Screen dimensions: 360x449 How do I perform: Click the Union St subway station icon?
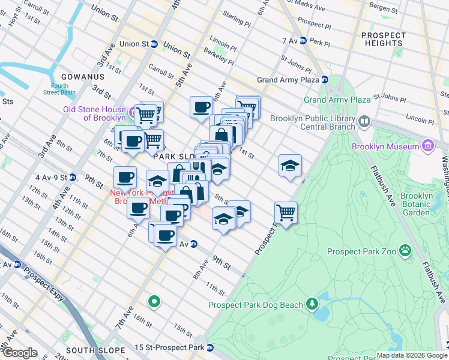(x=154, y=44)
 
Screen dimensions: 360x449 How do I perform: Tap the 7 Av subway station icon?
(x=303, y=41)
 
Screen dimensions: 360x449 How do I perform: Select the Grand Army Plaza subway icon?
(x=324, y=79)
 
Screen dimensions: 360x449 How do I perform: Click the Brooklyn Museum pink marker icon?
(x=427, y=145)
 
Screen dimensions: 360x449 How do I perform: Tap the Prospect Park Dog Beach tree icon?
(x=312, y=304)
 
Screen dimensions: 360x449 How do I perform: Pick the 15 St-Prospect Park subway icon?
(x=210, y=348)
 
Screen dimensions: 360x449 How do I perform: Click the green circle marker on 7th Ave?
(x=154, y=301)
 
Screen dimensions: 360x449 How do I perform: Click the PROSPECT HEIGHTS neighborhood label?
(x=383, y=40)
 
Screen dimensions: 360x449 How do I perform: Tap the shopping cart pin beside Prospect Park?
(x=286, y=212)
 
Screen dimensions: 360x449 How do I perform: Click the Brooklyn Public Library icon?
(x=364, y=122)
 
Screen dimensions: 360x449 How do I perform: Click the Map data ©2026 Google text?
(x=412, y=355)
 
